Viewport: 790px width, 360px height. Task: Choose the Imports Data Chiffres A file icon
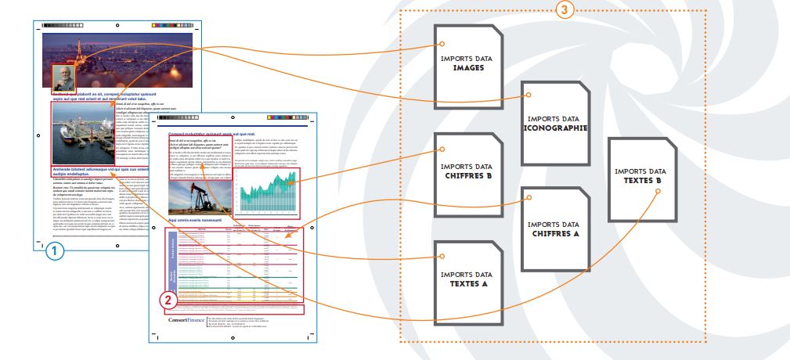tap(556, 228)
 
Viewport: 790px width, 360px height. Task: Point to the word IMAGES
tap(467, 68)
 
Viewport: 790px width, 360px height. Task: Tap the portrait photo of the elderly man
tap(63, 79)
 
